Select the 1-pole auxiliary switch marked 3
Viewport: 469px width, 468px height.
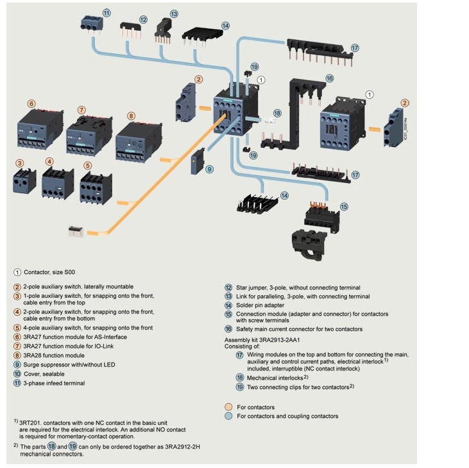click(x=24, y=180)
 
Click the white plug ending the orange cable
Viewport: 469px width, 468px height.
click(x=76, y=230)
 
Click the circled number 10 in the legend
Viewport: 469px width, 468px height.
click(x=17, y=373)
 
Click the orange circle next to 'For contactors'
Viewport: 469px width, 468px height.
click(x=228, y=407)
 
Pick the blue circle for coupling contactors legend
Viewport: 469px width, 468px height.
click(x=228, y=416)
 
